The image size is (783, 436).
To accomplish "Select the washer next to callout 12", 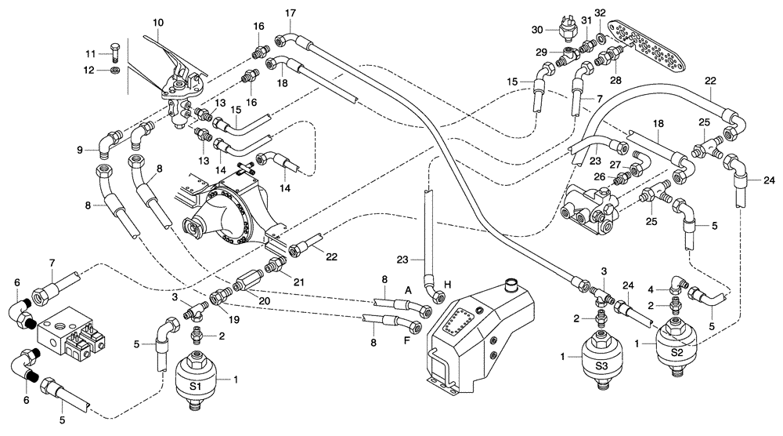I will point(114,71).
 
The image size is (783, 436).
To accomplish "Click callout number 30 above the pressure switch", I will point(537,29).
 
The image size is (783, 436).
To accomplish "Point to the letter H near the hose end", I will point(448,285).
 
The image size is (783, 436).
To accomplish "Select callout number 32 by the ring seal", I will point(600,14).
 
